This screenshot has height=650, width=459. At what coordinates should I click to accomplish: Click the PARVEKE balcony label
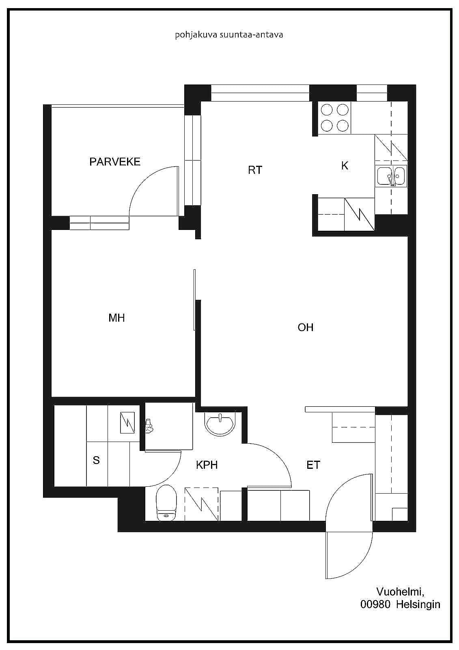coord(115,162)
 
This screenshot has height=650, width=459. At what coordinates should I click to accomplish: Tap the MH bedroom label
coord(116,318)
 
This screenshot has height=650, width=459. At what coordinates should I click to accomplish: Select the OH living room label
coord(305,327)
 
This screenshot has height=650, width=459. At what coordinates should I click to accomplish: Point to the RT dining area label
coord(255,170)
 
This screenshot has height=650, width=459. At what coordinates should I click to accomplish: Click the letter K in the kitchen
coord(345,166)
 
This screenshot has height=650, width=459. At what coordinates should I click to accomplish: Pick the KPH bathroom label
coord(207,465)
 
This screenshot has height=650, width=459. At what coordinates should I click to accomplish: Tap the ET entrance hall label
coord(313,465)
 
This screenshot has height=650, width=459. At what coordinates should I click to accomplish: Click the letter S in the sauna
coord(96,460)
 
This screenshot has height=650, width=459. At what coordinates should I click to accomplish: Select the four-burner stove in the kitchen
coord(334,118)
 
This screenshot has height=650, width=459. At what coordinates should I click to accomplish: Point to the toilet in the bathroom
coord(166,502)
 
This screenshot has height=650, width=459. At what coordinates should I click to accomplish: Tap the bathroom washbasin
coord(220,424)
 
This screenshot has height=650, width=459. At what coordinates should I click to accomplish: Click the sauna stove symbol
coord(127,423)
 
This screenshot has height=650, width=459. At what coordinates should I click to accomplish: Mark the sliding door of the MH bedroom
coord(194,300)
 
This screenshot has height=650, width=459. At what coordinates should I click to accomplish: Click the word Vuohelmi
coord(401,591)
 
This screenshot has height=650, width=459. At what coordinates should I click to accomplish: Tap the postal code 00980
coord(375,604)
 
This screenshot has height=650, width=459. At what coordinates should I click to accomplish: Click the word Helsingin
coord(418,605)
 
